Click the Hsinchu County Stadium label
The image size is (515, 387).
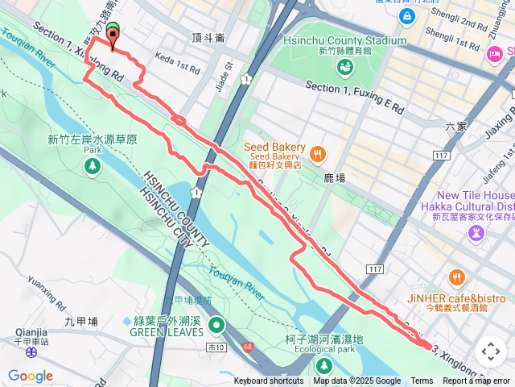344,40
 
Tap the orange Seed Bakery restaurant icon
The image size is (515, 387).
318,152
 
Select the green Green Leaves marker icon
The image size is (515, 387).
216,326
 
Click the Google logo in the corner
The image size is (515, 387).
31,376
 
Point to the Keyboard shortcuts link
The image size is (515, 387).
269,381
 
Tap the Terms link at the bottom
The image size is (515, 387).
422,381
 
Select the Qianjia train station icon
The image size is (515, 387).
31,352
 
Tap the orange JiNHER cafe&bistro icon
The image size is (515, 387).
457,278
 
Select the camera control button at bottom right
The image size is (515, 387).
490,352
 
